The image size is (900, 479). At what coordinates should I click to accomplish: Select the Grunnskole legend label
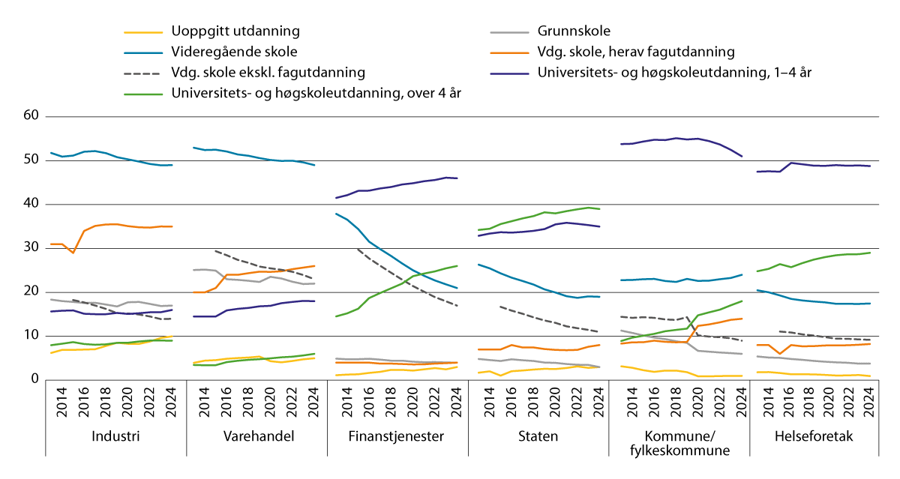[x=574, y=31]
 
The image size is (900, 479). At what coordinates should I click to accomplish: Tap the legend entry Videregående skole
[x=234, y=52]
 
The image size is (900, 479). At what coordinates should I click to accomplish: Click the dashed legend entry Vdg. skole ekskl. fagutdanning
[x=268, y=73]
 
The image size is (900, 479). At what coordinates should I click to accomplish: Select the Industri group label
[x=115, y=436]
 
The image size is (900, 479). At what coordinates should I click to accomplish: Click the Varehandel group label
[x=256, y=436]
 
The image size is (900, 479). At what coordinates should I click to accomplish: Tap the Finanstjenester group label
[x=397, y=436]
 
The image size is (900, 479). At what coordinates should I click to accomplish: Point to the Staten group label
[x=538, y=436]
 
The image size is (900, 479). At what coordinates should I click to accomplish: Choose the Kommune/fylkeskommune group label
[x=679, y=442]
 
